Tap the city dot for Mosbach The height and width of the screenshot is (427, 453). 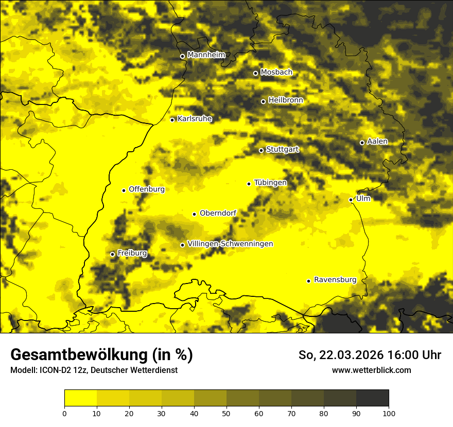255,73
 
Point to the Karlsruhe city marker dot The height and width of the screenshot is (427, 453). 172,120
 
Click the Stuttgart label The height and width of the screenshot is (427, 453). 282,149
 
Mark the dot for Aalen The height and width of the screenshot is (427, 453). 362,143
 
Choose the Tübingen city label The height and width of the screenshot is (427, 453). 270,183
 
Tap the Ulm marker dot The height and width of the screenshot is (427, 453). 351,200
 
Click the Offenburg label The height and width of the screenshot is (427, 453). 147,189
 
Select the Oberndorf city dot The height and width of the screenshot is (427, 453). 195,214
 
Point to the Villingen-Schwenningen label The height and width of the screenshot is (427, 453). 230,244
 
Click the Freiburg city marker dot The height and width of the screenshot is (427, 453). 113,254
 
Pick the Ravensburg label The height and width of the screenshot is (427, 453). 335,280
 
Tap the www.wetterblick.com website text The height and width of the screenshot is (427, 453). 372,370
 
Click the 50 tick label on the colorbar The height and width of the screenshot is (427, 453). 226,413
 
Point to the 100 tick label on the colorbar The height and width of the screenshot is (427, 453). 389,413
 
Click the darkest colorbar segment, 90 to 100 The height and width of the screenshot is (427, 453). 372,398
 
